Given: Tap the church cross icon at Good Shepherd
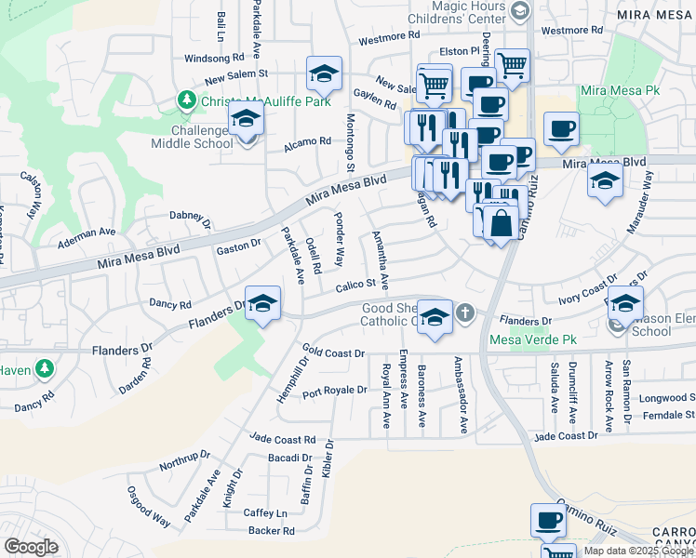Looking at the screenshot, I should point(464,313).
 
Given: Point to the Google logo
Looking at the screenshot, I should point(31,546).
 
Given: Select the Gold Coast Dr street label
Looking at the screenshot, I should point(332,353).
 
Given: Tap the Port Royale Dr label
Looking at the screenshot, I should point(334,391).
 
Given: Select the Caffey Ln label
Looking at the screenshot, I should point(267,512).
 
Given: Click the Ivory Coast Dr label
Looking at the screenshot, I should point(587,288).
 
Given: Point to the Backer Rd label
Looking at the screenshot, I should point(271,531).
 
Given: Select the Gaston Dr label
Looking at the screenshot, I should point(238,246).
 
